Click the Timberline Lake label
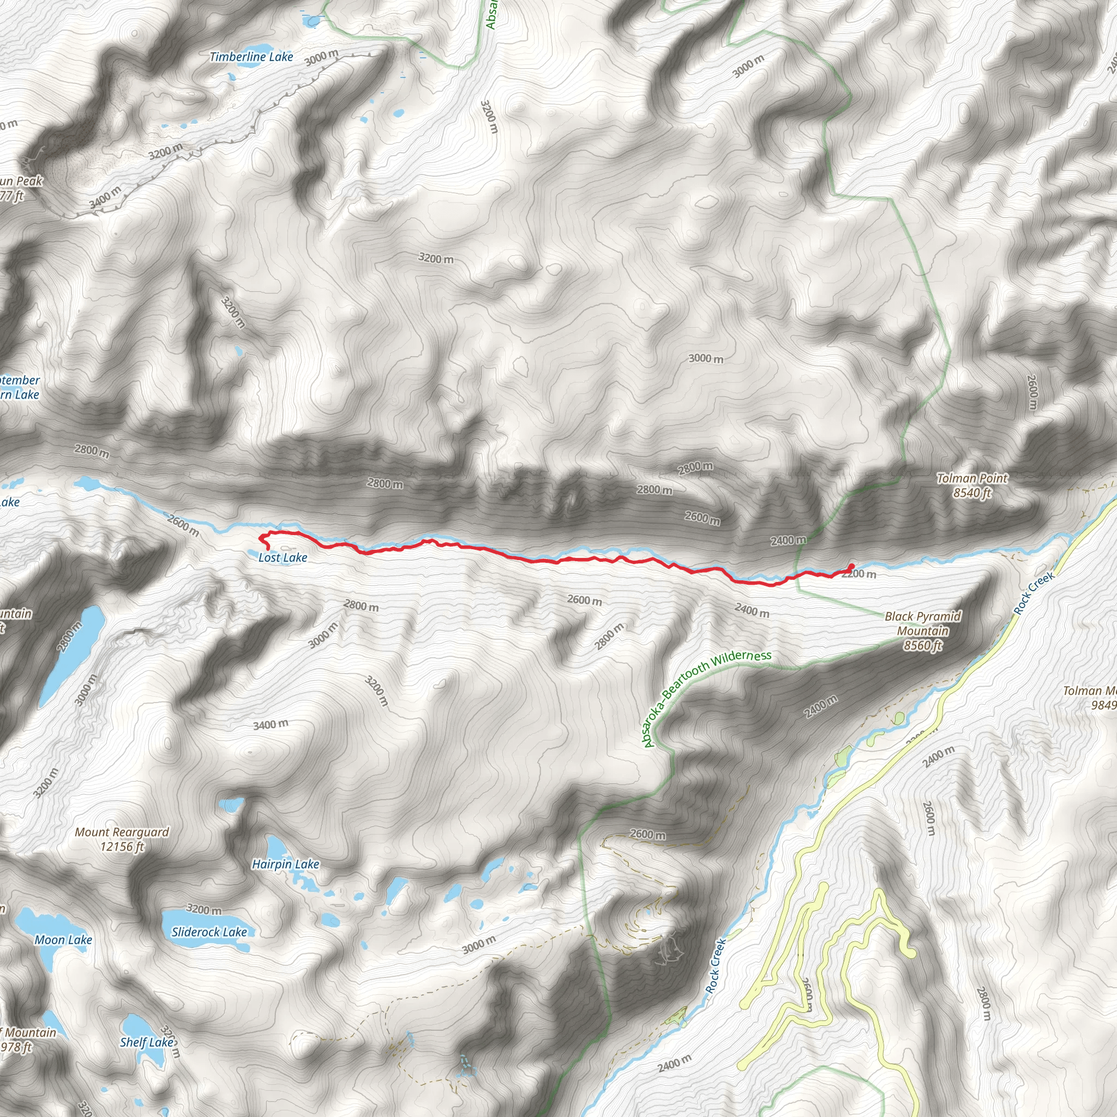(x=251, y=57)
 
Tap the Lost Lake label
(x=283, y=557)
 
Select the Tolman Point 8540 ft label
(x=972, y=485)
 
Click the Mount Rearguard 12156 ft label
(x=122, y=839)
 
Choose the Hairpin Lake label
(x=286, y=864)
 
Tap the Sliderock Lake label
(x=209, y=932)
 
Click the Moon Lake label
(x=63, y=940)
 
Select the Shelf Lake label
(x=146, y=1042)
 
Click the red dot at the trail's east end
(x=851, y=566)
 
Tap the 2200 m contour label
(x=860, y=574)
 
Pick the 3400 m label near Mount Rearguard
(x=271, y=724)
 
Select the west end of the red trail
(x=268, y=548)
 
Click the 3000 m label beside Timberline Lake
(x=321, y=57)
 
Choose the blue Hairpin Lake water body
(x=278, y=849)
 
